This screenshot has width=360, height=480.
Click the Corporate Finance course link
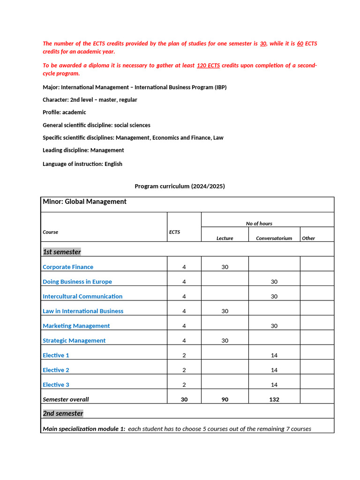point(68,267)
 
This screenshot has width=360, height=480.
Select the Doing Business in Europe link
point(77,282)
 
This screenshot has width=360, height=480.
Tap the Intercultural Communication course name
point(82,296)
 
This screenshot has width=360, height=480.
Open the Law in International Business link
point(83,311)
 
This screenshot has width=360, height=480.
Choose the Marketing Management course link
point(76,326)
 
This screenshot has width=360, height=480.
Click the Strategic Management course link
point(74,340)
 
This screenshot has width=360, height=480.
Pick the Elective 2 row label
point(56,370)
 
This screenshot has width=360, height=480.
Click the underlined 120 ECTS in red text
point(208,66)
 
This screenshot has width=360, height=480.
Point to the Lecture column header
point(225,238)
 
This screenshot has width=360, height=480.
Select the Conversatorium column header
point(274,238)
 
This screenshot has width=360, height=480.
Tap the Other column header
point(308,238)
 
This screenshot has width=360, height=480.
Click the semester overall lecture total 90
point(225,399)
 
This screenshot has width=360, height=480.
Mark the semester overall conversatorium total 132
point(274,399)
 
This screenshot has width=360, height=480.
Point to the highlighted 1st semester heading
point(62,252)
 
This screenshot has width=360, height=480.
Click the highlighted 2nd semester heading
point(63,413)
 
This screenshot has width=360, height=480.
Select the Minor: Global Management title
point(84,202)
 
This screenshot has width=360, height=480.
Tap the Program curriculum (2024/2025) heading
point(180,186)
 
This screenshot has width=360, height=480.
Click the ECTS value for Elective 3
point(184,385)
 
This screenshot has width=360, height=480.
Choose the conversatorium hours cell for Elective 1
point(274,355)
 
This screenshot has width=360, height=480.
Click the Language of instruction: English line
point(82,164)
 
